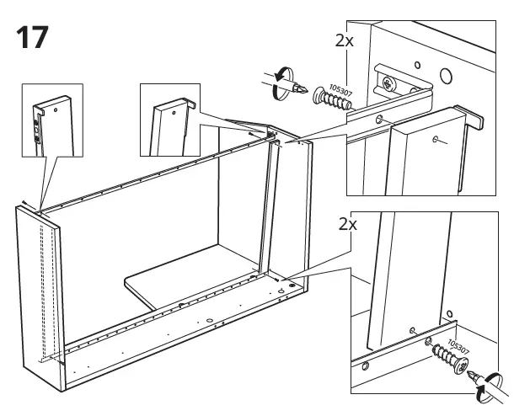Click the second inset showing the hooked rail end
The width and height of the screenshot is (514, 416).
(x=169, y=120)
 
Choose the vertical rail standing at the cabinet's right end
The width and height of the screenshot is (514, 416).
(x=270, y=211)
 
